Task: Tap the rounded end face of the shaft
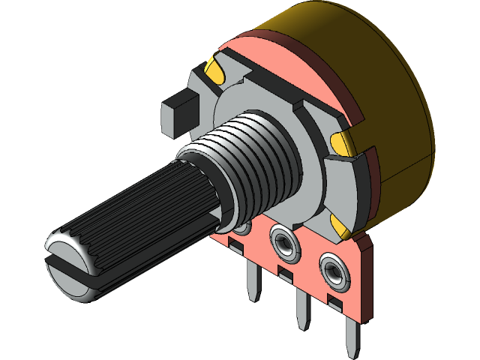(x=67, y=244)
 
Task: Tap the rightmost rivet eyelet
(x=334, y=269)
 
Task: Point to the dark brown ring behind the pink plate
(x=330, y=75)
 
